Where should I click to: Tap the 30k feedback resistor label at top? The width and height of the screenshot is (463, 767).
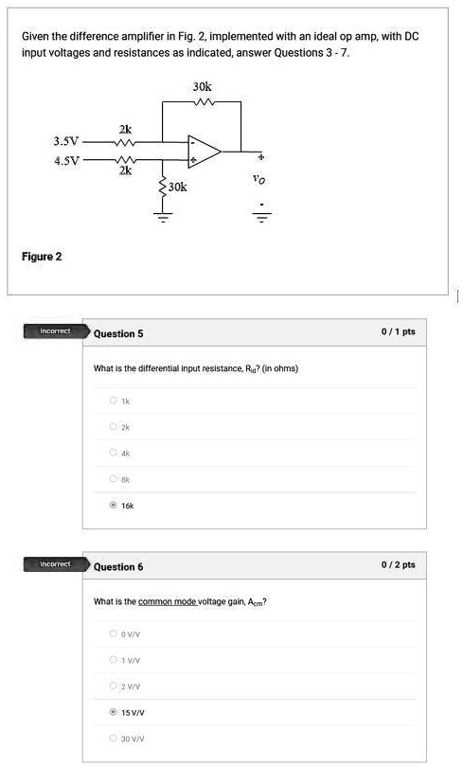(202, 86)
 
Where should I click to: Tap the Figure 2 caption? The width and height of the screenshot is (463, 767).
(43, 257)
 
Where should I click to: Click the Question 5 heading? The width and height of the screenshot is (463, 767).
(119, 333)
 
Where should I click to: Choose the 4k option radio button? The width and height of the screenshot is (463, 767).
(113, 454)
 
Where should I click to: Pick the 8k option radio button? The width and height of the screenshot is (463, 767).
(113, 480)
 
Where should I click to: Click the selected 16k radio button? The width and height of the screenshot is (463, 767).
(113, 506)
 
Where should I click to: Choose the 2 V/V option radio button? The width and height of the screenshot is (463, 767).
(113, 685)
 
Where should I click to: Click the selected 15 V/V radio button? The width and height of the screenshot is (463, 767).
(113, 710)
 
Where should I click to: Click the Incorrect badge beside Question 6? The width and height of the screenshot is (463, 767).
(54, 564)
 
